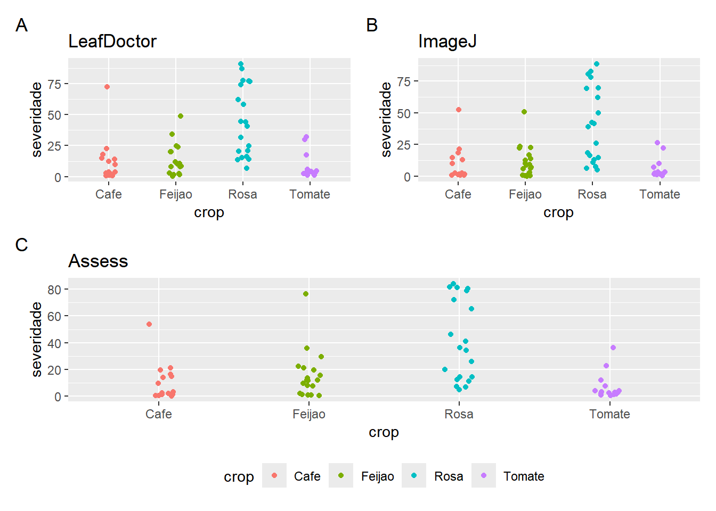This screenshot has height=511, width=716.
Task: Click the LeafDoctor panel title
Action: coord(112,42)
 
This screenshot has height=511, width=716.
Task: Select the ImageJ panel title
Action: coord(447,42)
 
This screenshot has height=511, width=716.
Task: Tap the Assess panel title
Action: coord(98,261)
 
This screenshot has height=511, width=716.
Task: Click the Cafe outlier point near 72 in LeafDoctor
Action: coord(107,87)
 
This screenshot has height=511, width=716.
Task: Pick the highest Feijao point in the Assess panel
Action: coord(306,294)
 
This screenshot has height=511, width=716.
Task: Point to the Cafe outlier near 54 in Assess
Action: coord(149,324)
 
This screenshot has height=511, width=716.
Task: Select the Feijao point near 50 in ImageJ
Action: coord(524,112)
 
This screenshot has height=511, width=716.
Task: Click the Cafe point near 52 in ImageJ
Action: coord(459,110)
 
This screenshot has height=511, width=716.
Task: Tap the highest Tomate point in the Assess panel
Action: coord(613,348)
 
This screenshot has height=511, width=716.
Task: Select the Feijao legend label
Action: coord(377,476)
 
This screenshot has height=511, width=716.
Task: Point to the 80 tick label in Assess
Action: coord(54,290)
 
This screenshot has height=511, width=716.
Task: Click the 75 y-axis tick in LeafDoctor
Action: coord(54,84)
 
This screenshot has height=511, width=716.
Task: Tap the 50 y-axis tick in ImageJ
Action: coord(404,113)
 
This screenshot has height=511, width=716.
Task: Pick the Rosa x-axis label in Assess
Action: coord(459,414)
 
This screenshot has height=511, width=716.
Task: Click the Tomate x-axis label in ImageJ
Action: coord(660,194)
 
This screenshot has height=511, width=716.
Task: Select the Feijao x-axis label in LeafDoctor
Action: coord(175,194)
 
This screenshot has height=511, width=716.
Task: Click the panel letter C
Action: coord(21,245)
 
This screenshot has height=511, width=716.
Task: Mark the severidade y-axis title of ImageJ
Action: coord(386,120)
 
